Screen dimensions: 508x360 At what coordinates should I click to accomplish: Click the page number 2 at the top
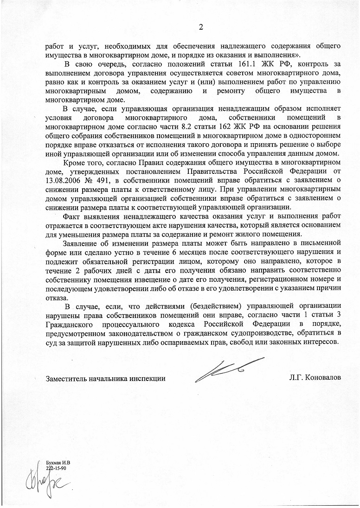pyautogui.click(x=200, y=27)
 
